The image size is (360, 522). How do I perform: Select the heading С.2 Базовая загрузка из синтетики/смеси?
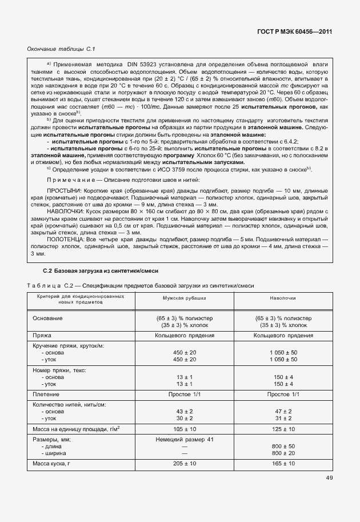[x=101, y=270]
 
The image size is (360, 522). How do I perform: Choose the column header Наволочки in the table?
[x=283, y=298]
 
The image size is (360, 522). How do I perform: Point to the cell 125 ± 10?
[x=283, y=428]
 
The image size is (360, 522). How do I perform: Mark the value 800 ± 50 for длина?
[x=283, y=446]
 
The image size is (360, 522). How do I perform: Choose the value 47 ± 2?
[x=283, y=411]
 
